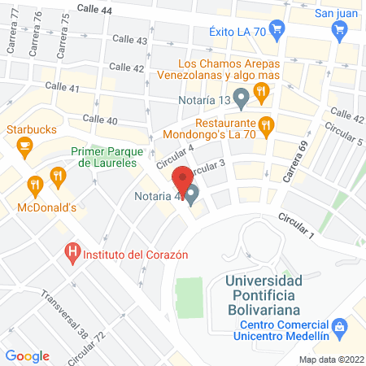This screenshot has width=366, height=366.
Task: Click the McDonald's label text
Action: pos(47,207)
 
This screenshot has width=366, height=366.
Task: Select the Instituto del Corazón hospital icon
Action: pos(72,253)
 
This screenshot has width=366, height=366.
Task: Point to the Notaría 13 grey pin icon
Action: pos(240,101)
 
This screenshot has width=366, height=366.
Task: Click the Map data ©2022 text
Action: pos(331,359)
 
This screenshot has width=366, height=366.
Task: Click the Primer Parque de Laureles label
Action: pos(107,157)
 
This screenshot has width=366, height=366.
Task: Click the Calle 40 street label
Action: pos(100,120)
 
